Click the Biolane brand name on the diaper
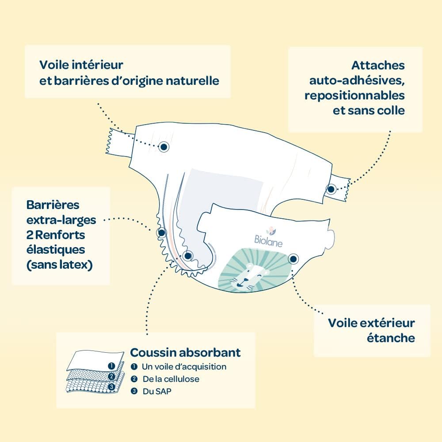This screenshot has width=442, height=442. [268, 242]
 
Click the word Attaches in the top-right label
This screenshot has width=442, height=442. [378, 65]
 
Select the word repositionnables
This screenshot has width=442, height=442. [354, 95]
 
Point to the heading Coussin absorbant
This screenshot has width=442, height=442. [185, 352]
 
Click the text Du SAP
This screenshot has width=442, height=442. [157, 391]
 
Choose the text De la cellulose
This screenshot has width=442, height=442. [171, 379]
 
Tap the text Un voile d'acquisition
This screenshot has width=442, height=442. [184, 367]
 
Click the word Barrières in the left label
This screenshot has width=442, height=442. [53, 205]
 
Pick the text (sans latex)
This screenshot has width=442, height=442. [60, 265]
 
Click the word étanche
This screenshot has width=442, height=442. [391, 338]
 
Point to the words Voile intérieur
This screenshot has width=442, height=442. [81, 65]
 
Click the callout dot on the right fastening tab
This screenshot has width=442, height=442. [331, 189]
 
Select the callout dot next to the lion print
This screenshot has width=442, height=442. [293, 259]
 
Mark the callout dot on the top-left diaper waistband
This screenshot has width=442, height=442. [163, 147]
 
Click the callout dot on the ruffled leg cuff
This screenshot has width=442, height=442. [161, 233]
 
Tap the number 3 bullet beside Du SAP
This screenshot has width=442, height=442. [134, 391]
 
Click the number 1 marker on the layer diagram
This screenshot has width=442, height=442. [112, 366]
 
